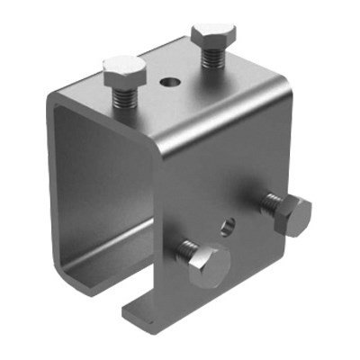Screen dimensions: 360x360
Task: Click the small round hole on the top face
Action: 168,82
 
